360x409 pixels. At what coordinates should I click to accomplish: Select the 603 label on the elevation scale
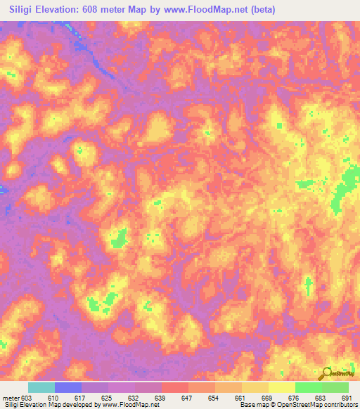pos(25,398)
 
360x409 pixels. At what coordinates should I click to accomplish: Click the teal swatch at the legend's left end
pos(41,388)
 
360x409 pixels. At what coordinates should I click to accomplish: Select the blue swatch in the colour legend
pos(68,388)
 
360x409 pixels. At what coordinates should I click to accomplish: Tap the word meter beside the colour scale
pos(9,398)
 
